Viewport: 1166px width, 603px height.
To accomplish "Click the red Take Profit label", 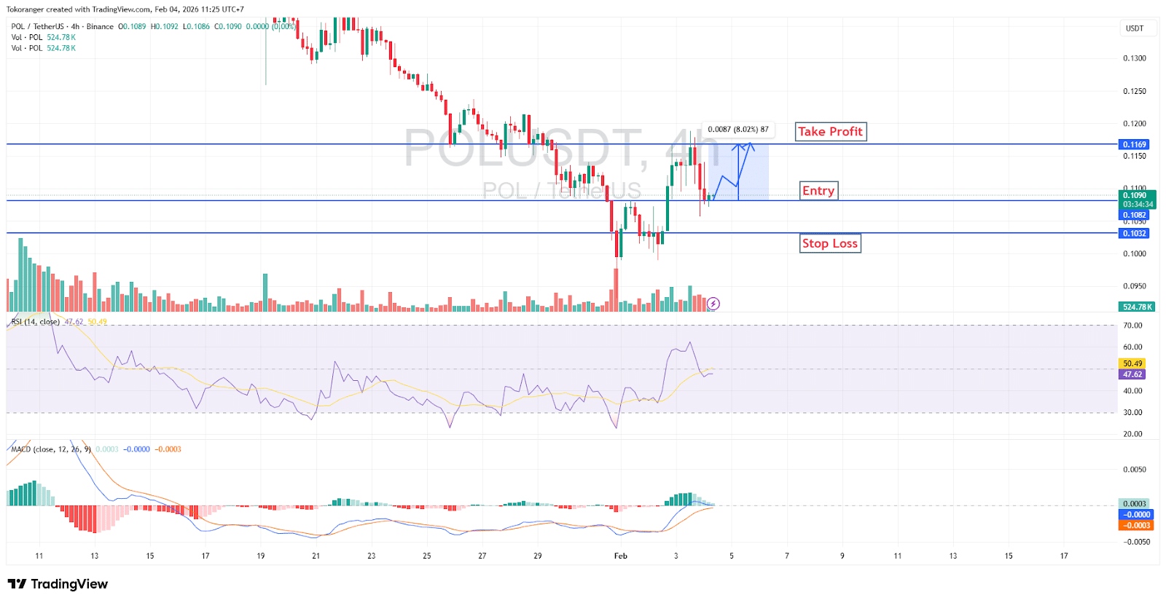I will click(x=830, y=132).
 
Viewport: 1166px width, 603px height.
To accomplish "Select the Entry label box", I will click(x=818, y=191).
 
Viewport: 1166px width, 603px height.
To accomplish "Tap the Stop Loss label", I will click(x=830, y=243).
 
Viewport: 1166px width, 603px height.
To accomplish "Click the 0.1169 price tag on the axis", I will click(x=1134, y=144).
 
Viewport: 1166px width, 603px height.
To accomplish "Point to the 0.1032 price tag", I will click(x=1134, y=233).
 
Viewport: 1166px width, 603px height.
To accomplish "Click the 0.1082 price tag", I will click(x=1134, y=215).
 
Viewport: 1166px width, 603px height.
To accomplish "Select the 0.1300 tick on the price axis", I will click(x=1134, y=58).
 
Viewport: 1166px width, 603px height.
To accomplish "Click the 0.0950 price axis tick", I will click(x=1134, y=286).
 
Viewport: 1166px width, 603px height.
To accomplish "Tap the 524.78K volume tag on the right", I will click(x=1137, y=307).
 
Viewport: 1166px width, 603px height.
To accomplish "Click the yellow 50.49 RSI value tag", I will click(x=1132, y=363).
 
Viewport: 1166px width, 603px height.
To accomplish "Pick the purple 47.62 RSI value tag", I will click(x=1132, y=374).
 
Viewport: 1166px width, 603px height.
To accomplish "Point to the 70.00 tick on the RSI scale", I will click(x=1132, y=326).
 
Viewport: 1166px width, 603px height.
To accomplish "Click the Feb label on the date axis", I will click(x=620, y=556).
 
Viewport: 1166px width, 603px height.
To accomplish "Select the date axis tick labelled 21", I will click(x=316, y=556).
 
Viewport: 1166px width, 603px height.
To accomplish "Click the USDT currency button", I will click(x=1135, y=28).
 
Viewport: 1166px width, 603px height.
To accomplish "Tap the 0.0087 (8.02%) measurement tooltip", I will click(x=737, y=130).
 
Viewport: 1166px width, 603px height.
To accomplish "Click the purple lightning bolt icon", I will click(x=713, y=304).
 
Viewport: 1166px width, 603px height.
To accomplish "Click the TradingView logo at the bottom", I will click(x=58, y=584).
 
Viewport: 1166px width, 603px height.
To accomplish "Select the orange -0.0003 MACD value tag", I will click(x=1135, y=525).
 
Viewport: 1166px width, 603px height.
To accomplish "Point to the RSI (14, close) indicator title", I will click(x=36, y=321).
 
